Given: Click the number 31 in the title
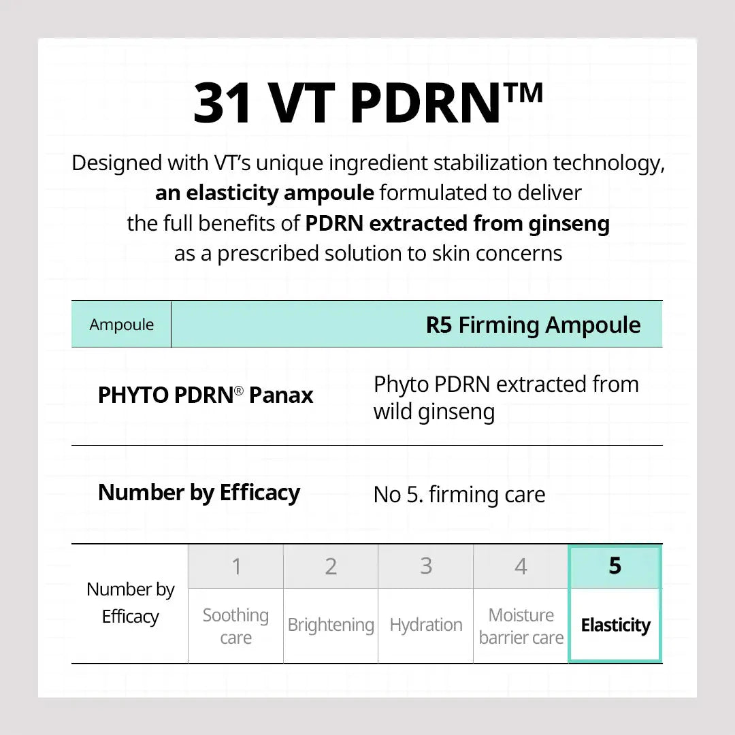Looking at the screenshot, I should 223,104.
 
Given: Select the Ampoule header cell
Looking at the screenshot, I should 122,325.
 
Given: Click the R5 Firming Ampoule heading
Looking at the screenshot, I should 533,325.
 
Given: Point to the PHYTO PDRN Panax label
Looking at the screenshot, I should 206,395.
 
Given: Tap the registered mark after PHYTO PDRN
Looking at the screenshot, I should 239,391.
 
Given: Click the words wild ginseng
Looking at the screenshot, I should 434,412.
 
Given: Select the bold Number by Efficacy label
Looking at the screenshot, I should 199,493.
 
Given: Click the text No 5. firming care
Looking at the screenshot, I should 459,495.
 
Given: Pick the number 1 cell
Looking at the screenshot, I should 236,566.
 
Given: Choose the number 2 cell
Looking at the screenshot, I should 331,566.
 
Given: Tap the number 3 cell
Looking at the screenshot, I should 426,566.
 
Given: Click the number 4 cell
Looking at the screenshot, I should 521,566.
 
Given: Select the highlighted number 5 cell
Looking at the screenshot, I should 615,566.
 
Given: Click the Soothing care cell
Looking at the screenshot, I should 236,626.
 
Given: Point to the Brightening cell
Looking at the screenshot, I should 331,625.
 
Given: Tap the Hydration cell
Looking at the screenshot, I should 426,625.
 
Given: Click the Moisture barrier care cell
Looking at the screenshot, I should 521,626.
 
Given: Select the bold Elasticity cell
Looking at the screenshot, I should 615,625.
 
